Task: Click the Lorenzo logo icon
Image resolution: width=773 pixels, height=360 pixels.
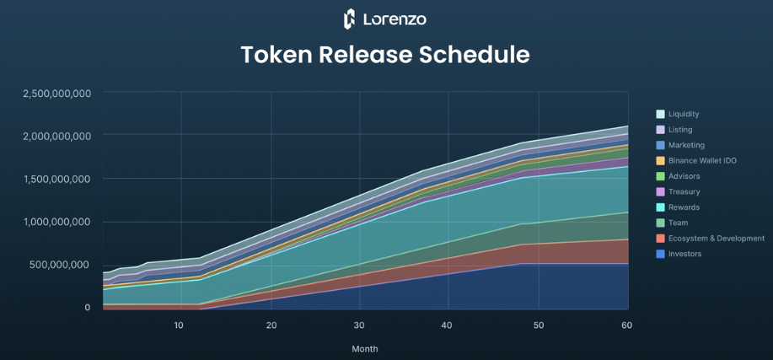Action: tap(350, 19)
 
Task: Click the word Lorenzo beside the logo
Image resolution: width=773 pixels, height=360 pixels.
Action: tap(395, 19)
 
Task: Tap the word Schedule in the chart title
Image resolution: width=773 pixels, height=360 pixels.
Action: tap(477, 55)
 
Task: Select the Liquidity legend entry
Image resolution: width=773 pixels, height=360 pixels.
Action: tap(683, 114)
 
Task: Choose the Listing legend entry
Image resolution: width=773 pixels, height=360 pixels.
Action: tap(679, 130)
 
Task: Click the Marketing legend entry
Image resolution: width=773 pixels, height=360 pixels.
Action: tap(685, 145)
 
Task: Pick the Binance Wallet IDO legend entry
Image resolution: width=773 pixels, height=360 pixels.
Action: tap(701, 160)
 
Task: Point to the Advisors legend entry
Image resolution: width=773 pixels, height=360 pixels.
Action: tap(684, 176)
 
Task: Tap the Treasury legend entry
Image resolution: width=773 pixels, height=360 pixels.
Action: tap(684, 191)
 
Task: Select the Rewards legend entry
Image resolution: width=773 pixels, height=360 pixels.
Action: tap(683, 207)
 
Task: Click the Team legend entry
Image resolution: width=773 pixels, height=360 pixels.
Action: tap(678, 223)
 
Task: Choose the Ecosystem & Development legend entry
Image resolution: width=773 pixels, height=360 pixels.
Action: tap(716, 239)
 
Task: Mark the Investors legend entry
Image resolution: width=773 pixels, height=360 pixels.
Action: tap(684, 254)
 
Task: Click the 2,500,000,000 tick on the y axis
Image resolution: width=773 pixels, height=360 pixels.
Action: tap(56, 94)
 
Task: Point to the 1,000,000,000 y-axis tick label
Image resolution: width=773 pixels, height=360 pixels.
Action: tap(56, 222)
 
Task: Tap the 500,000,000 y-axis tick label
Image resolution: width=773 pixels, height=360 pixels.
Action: tap(61, 265)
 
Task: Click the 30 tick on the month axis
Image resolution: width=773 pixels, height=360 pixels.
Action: tap(360, 325)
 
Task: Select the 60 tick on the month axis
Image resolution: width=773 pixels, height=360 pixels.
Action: tap(626, 325)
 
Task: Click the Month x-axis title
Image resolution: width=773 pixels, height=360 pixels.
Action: tap(365, 348)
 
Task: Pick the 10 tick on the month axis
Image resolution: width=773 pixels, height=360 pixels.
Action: tap(179, 325)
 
